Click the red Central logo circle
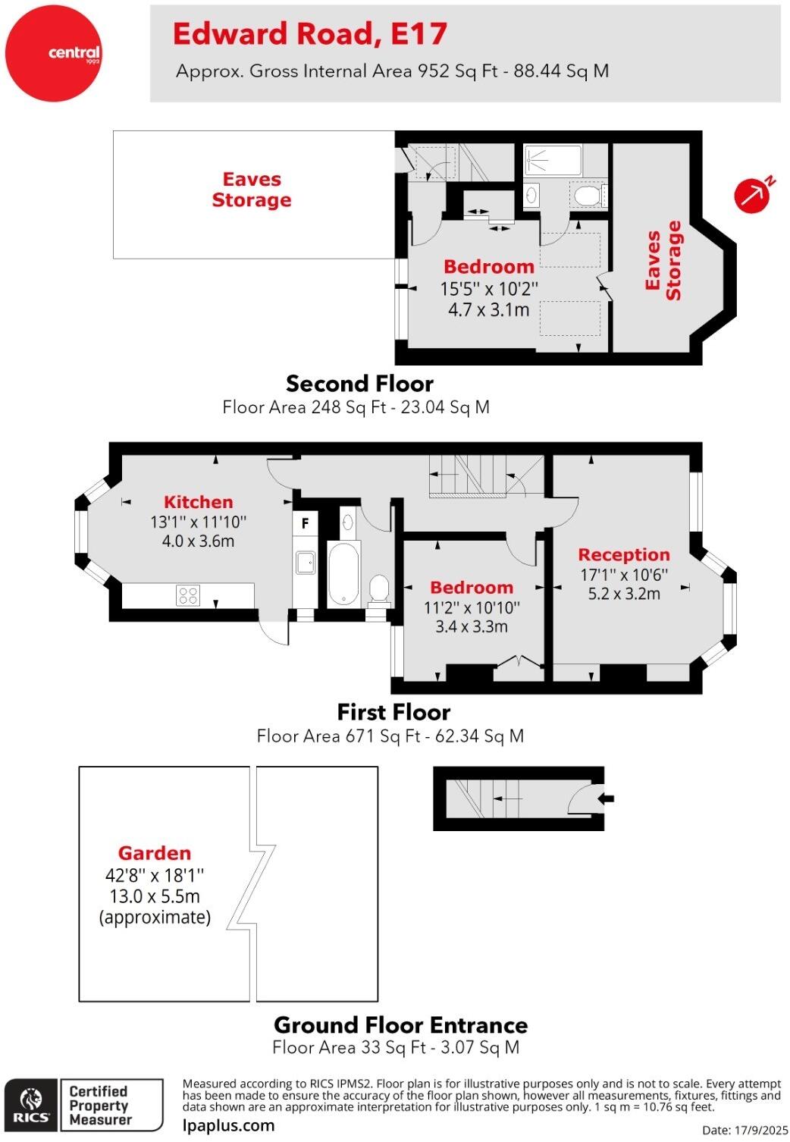pyautogui.click(x=52, y=53)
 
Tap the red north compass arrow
pyautogui.click(x=752, y=195)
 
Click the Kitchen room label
pyautogui.click(x=198, y=502)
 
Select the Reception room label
pyautogui.click(x=624, y=555)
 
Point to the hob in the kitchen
pyautogui.click(x=188, y=595)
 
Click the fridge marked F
pyautogui.click(x=305, y=523)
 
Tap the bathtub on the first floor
pyautogui.click(x=343, y=574)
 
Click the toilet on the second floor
pyautogui.click(x=588, y=196)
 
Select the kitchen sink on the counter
pyautogui.click(x=306, y=563)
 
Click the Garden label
pyautogui.click(x=154, y=853)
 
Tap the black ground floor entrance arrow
pyautogui.click(x=607, y=798)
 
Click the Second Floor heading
pyautogui.click(x=359, y=384)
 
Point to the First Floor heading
pyautogui.click(x=393, y=712)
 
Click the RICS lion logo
pyautogui.click(x=31, y=1105)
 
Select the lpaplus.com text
pyautogui.click(x=229, y=1125)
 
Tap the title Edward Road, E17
pyautogui.click(x=309, y=34)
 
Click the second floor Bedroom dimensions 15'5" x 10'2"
pyautogui.click(x=489, y=289)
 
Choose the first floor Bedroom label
pyautogui.click(x=471, y=588)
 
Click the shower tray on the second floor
pyautogui.click(x=553, y=161)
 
